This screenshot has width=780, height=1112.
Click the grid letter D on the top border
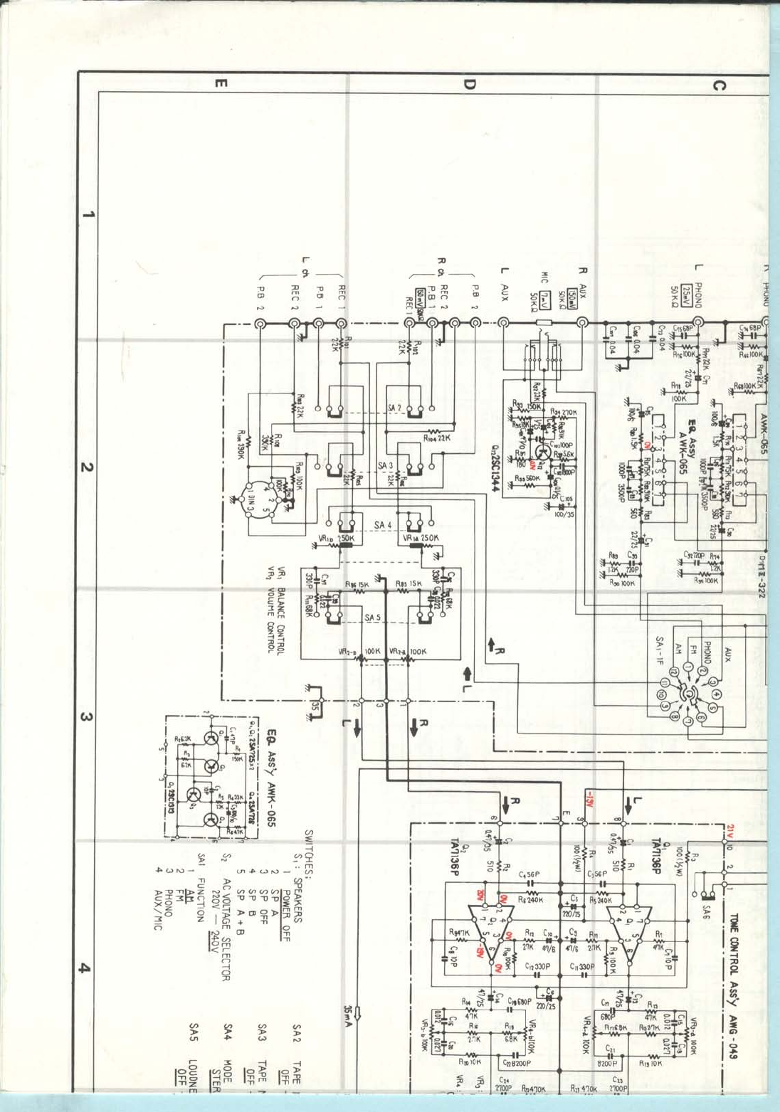[469, 85]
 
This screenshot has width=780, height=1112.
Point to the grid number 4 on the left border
[85, 968]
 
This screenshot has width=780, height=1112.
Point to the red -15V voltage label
[590, 799]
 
